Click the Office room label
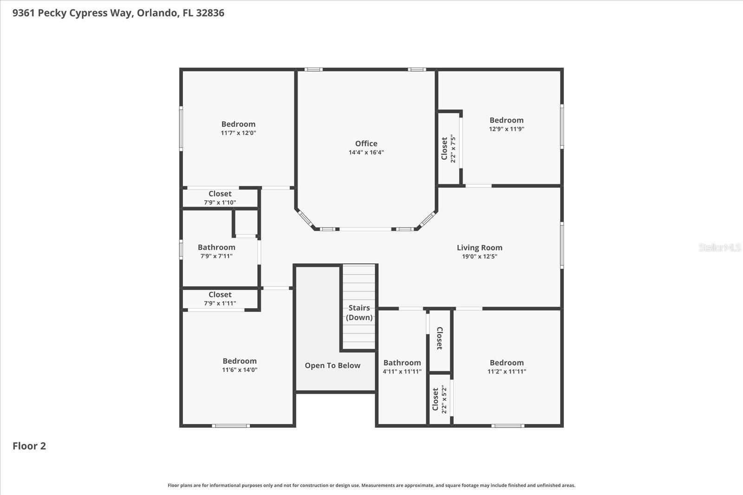click(366, 144)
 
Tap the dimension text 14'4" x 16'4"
click(366, 153)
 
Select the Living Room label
click(479, 248)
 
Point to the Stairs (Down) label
click(359, 313)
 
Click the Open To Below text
click(332, 366)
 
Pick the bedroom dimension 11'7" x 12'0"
click(238, 133)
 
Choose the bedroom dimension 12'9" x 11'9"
click(506, 129)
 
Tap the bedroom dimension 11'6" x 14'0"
click(239, 370)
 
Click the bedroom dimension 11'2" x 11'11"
click(506, 372)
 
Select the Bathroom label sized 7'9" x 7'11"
click(216, 247)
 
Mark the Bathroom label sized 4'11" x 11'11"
click(402, 363)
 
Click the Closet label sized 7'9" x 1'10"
click(220, 194)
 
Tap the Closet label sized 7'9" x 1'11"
click(220, 295)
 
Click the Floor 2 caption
click(29, 446)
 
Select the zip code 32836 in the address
click(210, 13)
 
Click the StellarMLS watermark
click(719, 248)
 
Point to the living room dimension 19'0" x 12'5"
click(479, 257)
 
